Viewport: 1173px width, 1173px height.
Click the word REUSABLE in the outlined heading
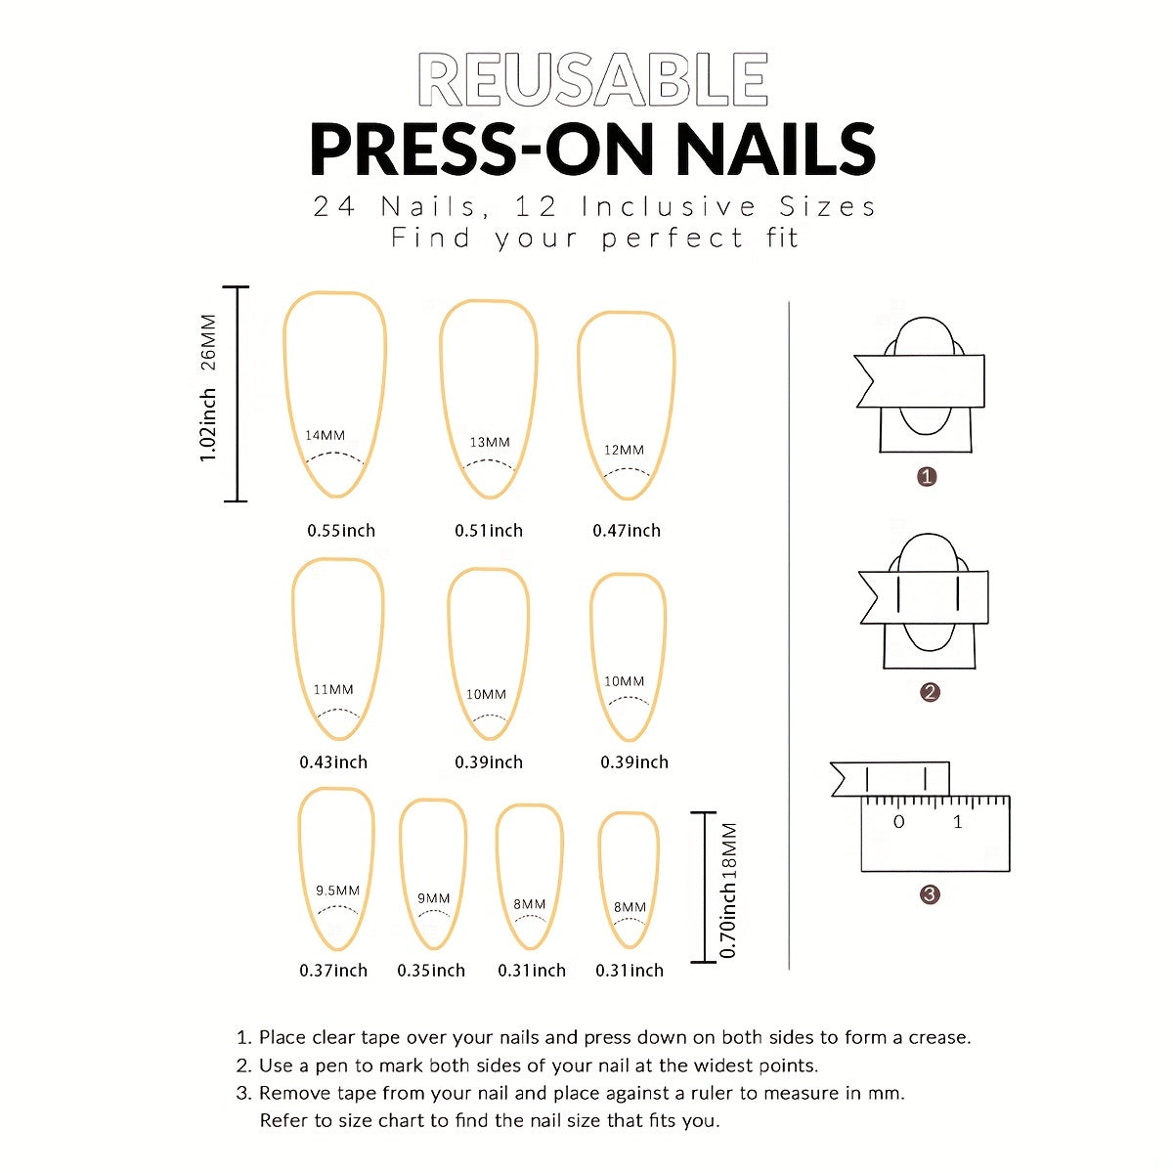(592, 80)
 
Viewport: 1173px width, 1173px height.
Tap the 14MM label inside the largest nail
(325, 435)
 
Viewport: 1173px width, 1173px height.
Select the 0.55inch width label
(341, 531)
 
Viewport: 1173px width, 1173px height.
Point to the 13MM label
(490, 442)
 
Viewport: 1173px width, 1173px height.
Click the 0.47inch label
(627, 531)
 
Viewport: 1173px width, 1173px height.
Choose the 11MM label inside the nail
(333, 689)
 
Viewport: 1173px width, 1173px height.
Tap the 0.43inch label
(333, 762)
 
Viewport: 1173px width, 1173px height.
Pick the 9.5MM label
(337, 891)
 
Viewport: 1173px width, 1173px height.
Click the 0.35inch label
(431, 971)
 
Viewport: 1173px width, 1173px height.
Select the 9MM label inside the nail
(433, 898)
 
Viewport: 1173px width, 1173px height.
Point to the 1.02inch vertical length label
(207, 425)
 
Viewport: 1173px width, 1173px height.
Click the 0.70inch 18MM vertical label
(729, 890)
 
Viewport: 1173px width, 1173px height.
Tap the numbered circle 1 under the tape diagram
(927, 477)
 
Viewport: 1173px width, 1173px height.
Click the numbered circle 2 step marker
(930, 692)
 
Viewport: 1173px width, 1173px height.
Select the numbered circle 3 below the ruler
(930, 894)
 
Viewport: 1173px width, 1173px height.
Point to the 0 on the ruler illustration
(899, 823)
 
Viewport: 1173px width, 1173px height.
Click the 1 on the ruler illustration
(958, 823)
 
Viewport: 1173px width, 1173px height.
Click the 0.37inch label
(333, 971)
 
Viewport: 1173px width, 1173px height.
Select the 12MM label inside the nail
(624, 450)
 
